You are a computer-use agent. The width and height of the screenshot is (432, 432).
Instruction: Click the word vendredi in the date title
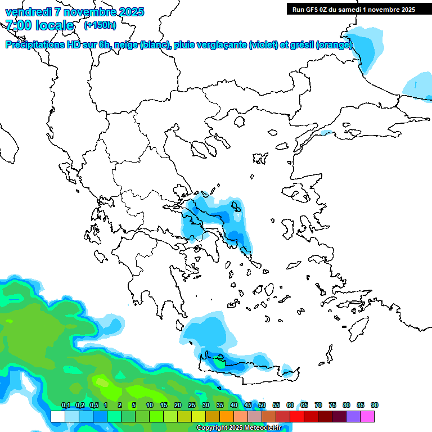point(28,12)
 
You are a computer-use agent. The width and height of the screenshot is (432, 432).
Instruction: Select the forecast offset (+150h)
point(100,25)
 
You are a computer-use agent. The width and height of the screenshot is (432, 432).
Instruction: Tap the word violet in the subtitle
point(263,45)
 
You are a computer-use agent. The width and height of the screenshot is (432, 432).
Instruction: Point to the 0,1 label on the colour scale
point(65,406)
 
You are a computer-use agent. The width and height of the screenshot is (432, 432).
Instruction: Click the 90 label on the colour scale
point(375,406)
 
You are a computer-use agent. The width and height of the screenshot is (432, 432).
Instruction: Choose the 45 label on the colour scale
point(248,406)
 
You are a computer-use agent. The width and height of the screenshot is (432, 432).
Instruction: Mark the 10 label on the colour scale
point(150,406)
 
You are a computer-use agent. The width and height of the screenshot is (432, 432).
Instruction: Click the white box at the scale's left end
point(57,416)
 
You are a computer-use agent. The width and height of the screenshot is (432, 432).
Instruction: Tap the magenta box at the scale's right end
point(367,416)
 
